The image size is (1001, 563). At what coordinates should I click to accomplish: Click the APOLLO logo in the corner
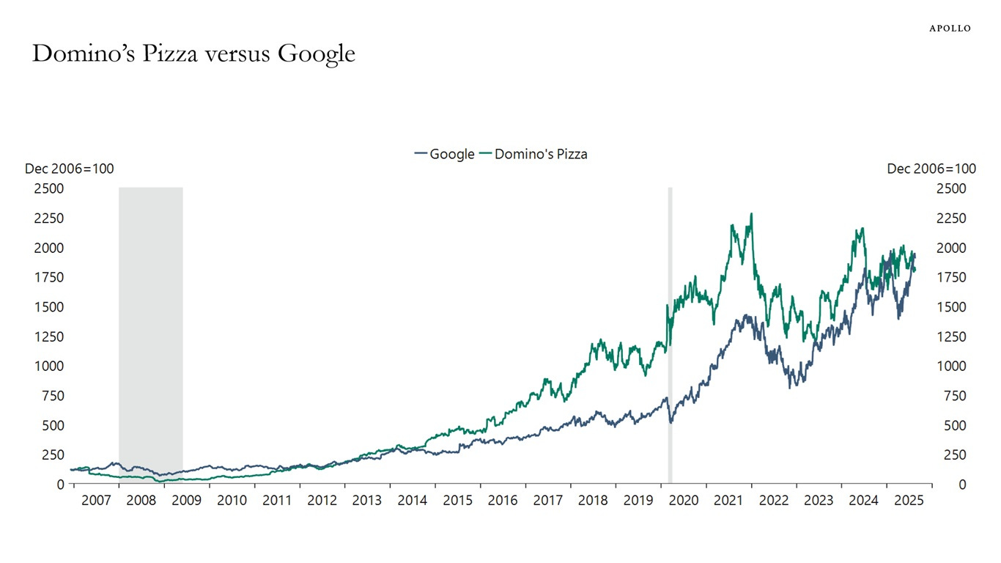click(950, 28)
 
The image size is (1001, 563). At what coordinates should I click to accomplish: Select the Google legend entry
click(444, 154)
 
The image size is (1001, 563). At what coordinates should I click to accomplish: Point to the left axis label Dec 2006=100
click(69, 169)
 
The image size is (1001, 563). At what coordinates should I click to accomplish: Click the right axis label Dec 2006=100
click(931, 169)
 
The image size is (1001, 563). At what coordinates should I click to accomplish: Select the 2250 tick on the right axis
click(951, 218)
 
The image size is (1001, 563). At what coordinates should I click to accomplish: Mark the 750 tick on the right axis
click(948, 396)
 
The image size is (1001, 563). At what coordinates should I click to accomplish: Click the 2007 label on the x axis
click(96, 501)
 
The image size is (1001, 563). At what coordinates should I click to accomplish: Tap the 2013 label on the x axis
click(367, 501)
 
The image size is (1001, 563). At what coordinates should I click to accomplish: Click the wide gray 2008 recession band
click(150, 330)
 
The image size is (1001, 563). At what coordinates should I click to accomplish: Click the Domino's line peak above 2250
click(751, 214)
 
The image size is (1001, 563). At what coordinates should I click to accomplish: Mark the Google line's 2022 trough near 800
click(790, 386)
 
